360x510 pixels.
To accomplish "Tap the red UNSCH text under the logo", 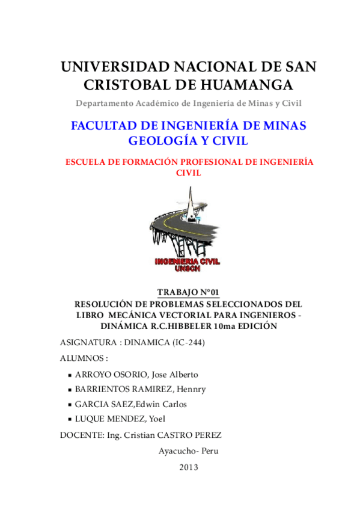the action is click(188, 269).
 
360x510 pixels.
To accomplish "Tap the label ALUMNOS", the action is click(83, 358).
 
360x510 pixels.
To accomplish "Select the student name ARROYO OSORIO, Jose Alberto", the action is click(136, 374).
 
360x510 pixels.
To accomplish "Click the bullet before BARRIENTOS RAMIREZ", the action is click(70, 390).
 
